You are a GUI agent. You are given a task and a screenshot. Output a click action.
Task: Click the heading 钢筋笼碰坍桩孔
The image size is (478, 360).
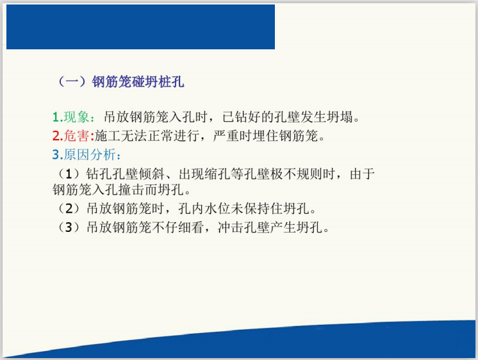pyautogui.click(x=138, y=82)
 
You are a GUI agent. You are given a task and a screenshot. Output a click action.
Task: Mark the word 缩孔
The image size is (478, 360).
pyautogui.click(x=222, y=174)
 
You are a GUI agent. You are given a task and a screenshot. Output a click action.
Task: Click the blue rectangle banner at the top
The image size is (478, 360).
pyautogui.click(x=140, y=27)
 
